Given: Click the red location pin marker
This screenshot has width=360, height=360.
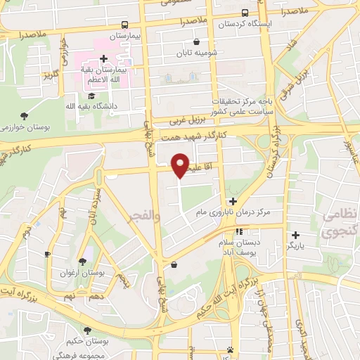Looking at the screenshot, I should coord(180,165).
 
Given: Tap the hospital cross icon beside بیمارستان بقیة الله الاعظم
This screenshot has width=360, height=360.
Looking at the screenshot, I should coord(103,58).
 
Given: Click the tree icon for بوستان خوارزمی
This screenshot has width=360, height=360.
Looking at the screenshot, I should coord(25,115).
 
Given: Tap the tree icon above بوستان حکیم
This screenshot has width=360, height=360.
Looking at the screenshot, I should coord(87,330).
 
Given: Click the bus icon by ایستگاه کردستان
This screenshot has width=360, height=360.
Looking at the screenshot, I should coord(244,13).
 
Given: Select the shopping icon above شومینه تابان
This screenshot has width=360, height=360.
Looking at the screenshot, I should coord(195,41).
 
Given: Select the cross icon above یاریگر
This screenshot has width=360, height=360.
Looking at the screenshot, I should coord(295,235).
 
